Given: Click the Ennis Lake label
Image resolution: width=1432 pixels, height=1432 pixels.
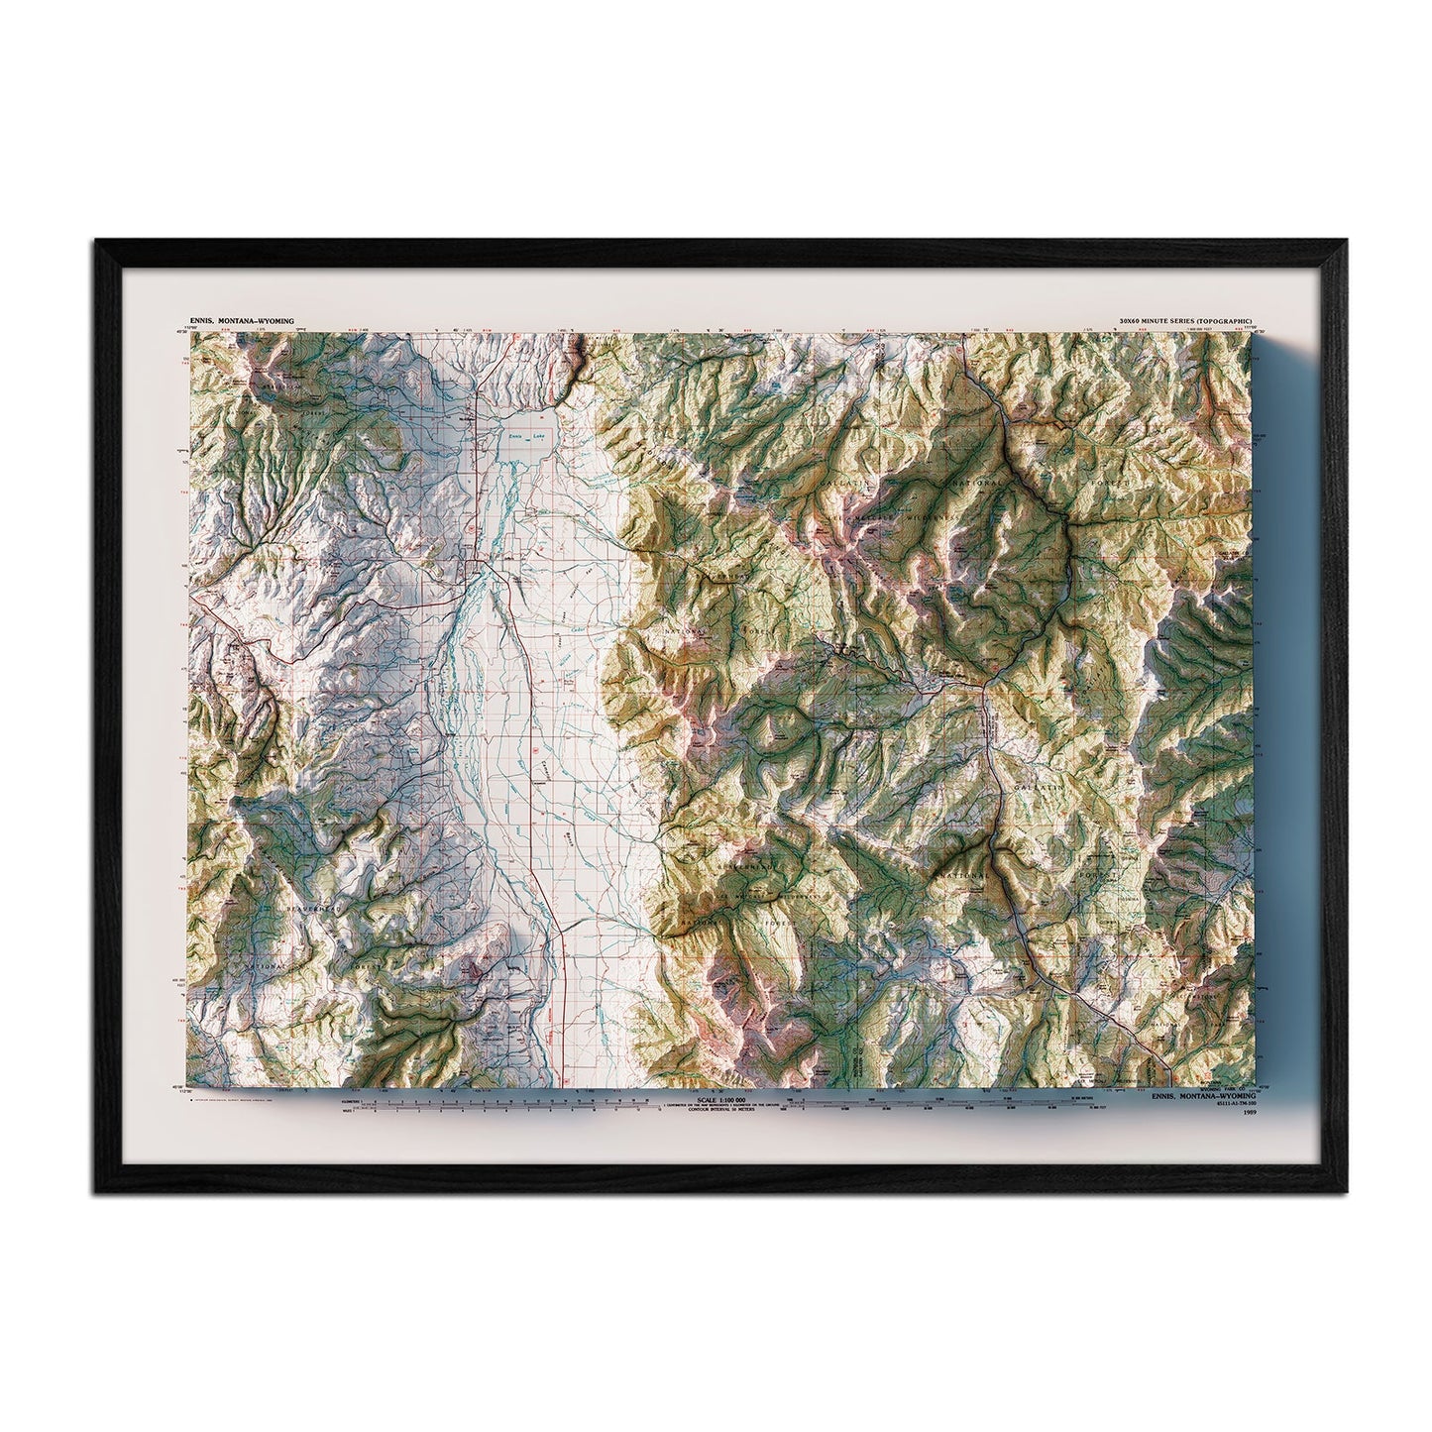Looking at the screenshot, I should (x=526, y=436).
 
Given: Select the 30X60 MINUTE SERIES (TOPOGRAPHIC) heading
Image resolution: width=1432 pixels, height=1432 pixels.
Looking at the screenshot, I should (x=1185, y=323).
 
